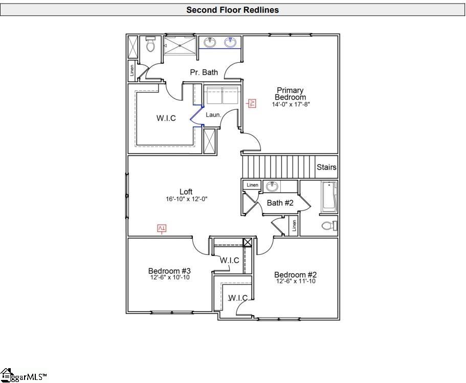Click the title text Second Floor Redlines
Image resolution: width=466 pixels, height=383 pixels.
click(x=232, y=10)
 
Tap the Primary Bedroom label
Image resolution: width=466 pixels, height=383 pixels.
click(x=290, y=94)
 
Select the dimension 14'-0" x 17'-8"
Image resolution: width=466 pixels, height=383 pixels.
click(x=291, y=104)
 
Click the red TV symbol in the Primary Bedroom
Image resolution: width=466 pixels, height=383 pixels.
click(x=252, y=103)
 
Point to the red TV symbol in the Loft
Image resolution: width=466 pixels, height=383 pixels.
click(x=162, y=228)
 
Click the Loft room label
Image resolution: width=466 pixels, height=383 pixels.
click(x=186, y=192)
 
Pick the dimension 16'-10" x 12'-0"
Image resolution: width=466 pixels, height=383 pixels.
click(x=186, y=199)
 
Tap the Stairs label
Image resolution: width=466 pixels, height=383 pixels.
click(x=326, y=167)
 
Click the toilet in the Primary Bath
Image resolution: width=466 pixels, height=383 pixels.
click(x=150, y=45)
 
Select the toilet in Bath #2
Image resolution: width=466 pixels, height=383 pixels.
click(x=328, y=225)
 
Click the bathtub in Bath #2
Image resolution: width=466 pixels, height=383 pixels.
click(x=328, y=197)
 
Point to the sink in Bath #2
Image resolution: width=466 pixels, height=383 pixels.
click(x=272, y=187)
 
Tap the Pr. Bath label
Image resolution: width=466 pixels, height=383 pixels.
click(x=204, y=73)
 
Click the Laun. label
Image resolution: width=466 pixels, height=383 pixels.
click(x=213, y=115)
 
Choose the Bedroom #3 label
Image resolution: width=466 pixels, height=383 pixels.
click(x=169, y=271)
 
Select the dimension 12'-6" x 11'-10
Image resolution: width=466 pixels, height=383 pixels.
click(x=296, y=281)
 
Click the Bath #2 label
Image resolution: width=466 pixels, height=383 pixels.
click(x=280, y=203)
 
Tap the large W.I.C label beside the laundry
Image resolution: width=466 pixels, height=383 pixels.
click(x=166, y=118)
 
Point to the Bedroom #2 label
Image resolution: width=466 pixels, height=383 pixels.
click(x=295, y=274)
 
